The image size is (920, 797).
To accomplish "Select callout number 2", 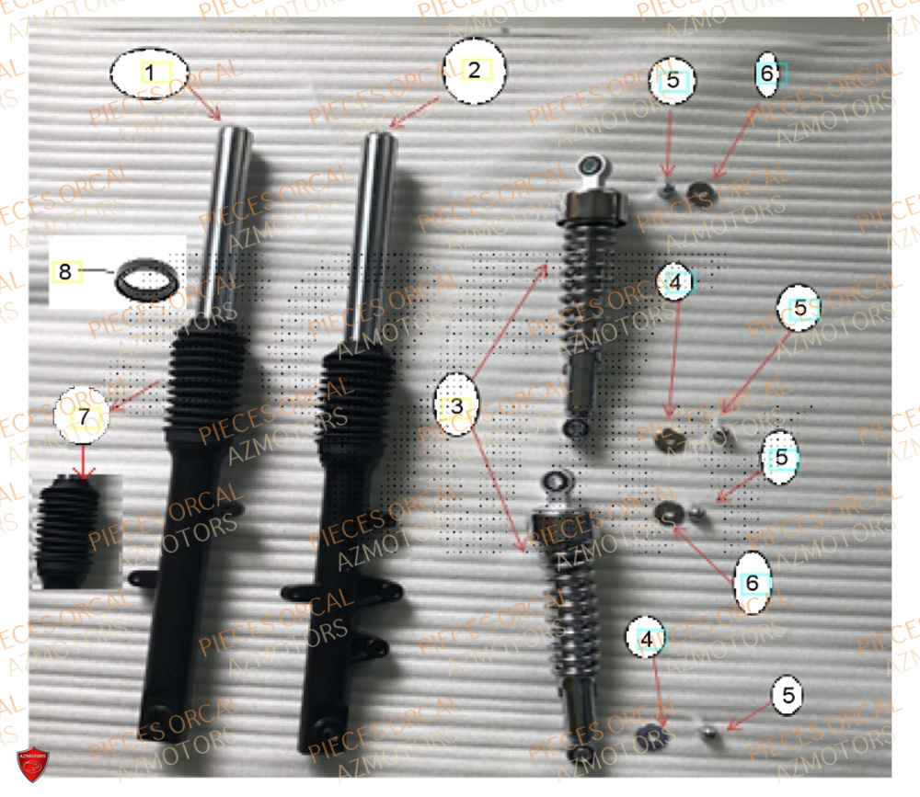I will [x=473, y=69].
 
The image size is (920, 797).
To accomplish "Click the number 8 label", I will [x=64, y=271].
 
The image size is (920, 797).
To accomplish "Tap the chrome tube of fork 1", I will [x=236, y=221].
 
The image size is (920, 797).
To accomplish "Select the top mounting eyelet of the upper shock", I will [x=590, y=166].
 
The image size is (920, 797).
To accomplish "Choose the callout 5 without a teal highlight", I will [x=787, y=695].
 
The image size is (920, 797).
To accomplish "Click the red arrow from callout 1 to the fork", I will [x=202, y=99].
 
